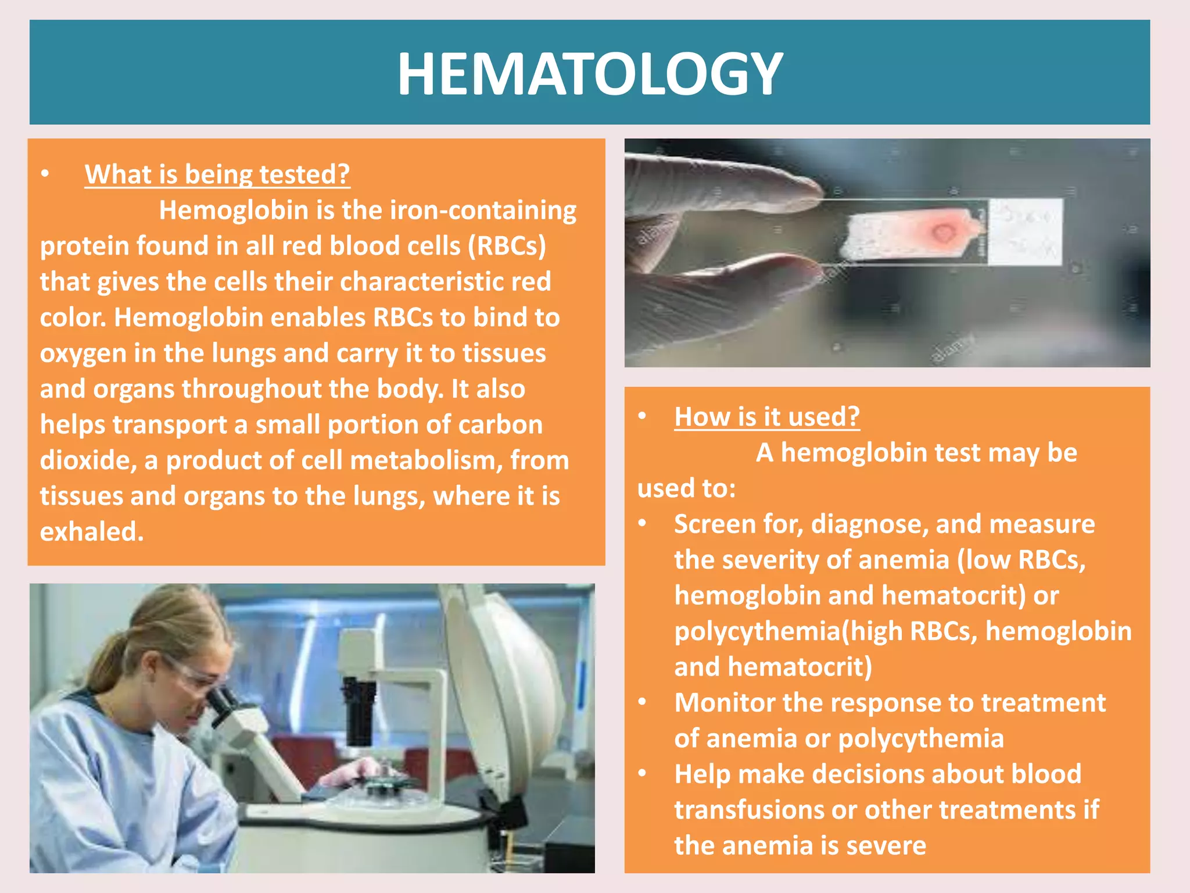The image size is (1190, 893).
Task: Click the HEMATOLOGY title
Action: point(589,74)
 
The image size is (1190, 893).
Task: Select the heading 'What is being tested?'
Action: point(217,174)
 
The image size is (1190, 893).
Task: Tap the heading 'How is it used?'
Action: point(766,417)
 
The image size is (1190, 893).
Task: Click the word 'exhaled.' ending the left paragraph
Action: point(92,531)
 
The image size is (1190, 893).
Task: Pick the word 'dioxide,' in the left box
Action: point(88,460)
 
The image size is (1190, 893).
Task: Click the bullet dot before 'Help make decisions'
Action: point(642,774)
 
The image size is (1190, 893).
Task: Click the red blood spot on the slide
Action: point(943,233)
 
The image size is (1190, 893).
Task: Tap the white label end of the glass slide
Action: point(1026,232)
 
